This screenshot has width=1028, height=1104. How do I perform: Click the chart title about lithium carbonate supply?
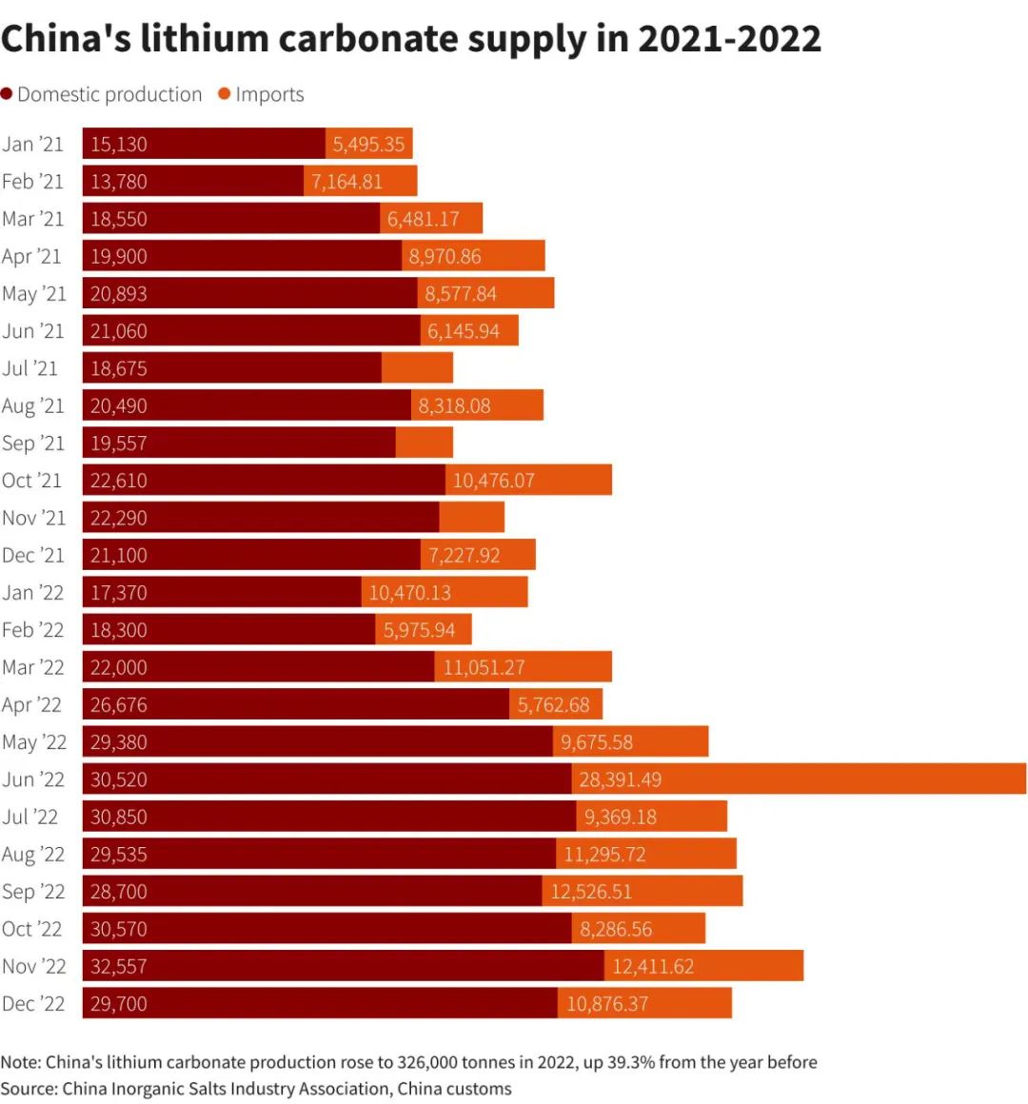coord(411,39)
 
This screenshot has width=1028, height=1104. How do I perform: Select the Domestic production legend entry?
coord(102,94)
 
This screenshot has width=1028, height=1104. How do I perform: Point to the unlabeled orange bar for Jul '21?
coord(417,367)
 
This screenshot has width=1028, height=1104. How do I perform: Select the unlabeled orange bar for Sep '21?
coord(425,443)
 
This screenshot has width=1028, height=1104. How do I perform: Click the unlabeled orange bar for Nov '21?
coord(472,518)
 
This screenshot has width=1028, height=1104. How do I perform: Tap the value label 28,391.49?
coord(620,779)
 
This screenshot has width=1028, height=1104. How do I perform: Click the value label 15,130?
coord(119,144)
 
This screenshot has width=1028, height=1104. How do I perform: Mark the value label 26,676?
coord(119,704)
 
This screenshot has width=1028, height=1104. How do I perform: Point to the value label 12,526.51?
coord(591,892)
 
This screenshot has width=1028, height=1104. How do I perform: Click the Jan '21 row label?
coord(33,144)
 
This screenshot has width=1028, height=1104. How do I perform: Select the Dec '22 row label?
coord(33,1003)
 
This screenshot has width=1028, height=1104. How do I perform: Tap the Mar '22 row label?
coord(33,667)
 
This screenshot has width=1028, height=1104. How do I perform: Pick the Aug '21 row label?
coord(33,405)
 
